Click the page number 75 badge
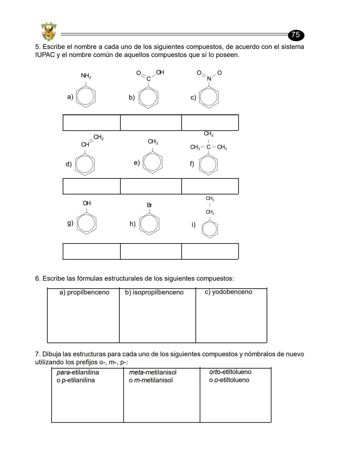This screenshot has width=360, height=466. click(296, 35)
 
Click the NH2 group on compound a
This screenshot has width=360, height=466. click(86, 76)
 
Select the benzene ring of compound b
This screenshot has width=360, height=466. click(148, 98)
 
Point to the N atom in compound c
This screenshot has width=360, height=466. click(209, 79)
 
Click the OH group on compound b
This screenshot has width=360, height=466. click(160, 72)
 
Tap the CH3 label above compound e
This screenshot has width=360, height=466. click(153, 142)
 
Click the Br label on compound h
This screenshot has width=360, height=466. click(149, 205)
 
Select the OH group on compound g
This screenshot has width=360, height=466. click(87, 203)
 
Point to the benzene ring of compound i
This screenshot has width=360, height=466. click(210, 229)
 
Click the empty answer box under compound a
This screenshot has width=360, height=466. click(91, 123)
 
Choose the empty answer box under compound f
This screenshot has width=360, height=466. click(210, 186)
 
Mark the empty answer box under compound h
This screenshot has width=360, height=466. click(151, 251)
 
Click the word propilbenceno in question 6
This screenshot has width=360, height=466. click(88, 292)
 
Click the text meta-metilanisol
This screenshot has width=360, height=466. click(153, 372)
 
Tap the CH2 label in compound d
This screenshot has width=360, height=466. click(98, 137)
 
